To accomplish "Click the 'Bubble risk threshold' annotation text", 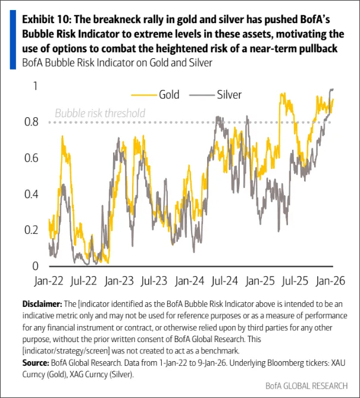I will coord(99,112).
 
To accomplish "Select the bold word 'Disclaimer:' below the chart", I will coord(42,303).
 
